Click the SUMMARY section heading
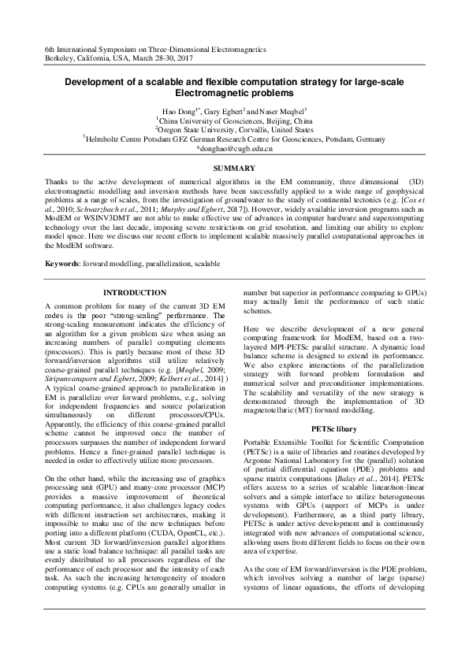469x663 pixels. click(234, 169)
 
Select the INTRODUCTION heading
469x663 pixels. click(135, 292)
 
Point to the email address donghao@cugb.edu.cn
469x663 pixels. click(236, 147)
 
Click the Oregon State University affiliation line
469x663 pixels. click(234, 130)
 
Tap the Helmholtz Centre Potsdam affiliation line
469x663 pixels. click(234, 139)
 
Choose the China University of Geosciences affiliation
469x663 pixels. click(234, 121)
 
